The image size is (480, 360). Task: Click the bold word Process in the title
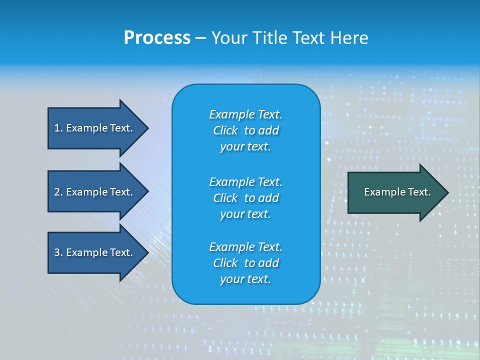(157, 38)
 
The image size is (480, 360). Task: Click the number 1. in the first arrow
(58, 128)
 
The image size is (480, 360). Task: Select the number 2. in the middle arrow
(58, 192)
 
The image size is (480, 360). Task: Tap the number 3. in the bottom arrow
(58, 252)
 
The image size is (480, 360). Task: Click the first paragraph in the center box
(245, 130)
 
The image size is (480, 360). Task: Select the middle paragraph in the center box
(245, 198)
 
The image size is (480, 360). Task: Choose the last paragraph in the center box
(245, 263)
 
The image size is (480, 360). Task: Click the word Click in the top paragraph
(225, 130)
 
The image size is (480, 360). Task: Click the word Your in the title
(228, 38)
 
